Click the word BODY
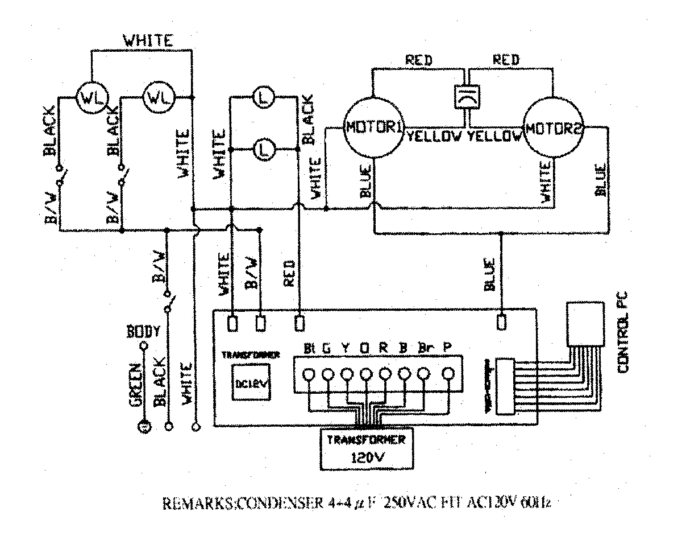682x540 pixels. click(143, 331)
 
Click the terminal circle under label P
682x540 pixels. click(448, 374)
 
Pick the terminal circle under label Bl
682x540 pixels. click(309, 374)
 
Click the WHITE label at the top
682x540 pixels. click(149, 41)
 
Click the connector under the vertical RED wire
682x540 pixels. click(300, 322)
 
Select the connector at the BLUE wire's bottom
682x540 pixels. click(501, 322)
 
